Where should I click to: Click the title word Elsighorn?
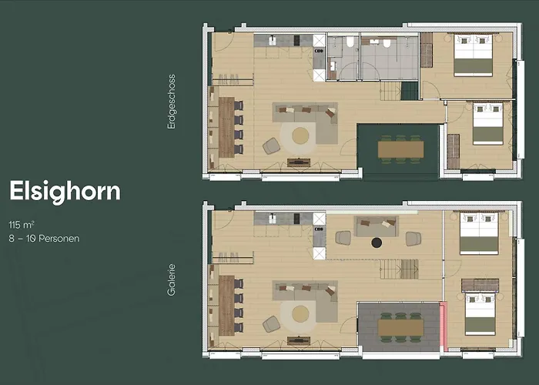coord(65,192)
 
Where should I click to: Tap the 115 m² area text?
coord(22,225)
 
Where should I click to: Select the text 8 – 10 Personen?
coord(44,238)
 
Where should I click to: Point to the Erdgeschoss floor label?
coord(171,102)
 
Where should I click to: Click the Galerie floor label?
coord(171,280)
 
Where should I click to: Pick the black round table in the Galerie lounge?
coord(377,243)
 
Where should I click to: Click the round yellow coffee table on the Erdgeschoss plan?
coord(300,136)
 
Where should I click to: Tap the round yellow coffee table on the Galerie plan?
coord(300,314)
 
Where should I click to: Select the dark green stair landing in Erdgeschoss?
coord(410,91)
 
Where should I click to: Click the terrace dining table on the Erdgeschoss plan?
coord(400,149)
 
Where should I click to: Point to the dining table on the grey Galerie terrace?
coord(400,327)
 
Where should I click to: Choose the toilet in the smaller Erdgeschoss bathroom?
coord(350,42)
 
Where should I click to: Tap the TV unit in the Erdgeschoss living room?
coord(299,162)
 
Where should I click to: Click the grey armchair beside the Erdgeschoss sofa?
coord(272,146)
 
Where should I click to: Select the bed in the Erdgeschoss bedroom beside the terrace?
coord(487,124)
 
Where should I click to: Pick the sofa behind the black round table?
coord(377,226)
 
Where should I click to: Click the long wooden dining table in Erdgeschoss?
coord(226,127)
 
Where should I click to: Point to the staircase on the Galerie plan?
coord(399,269)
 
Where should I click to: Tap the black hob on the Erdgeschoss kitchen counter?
coord(297,40)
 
